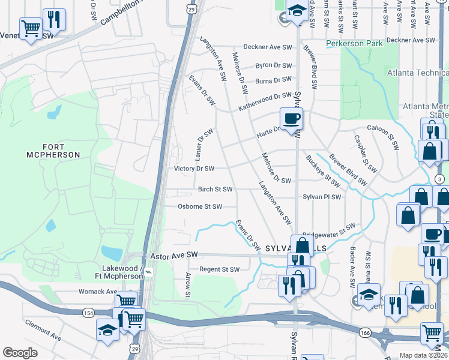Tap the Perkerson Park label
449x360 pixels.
(x=354, y=44)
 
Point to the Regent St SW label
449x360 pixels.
(x=219, y=269)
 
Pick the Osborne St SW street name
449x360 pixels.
(x=200, y=206)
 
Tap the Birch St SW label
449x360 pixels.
(x=215, y=190)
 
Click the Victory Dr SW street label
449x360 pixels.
(x=194, y=169)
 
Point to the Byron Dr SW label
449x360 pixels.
(x=274, y=65)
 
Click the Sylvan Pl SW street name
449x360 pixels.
(x=322, y=197)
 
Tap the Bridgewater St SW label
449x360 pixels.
(x=328, y=230)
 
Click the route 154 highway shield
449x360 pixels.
(x=88, y=313)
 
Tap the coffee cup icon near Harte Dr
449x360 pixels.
(x=292, y=118)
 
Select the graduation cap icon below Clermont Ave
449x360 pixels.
(x=108, y=330)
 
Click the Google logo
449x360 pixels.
(x=20, y=352)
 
